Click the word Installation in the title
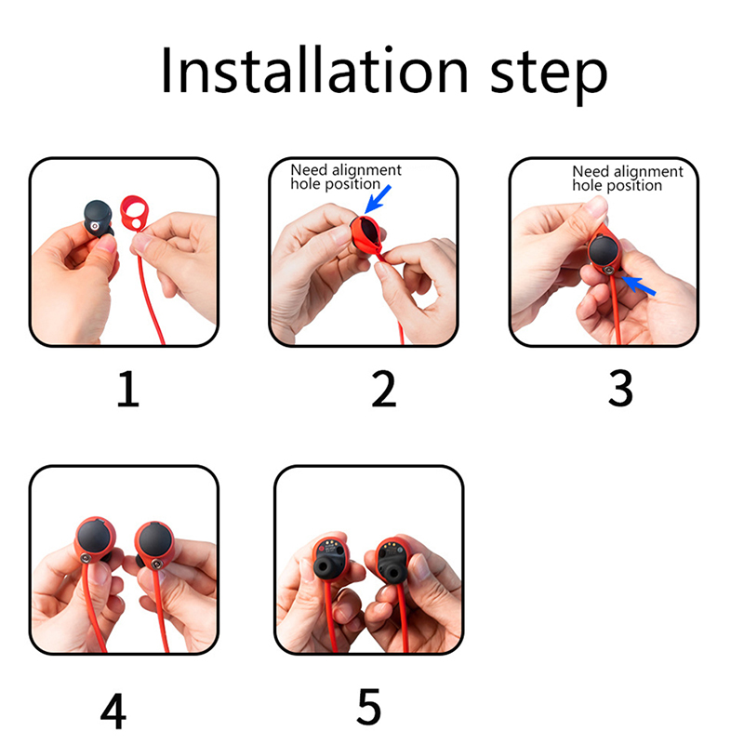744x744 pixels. pos(314,71)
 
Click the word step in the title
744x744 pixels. pos(548,76)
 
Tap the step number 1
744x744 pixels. pos(128,389)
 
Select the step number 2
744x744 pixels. pos(383,389)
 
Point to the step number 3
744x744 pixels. pos(620,389)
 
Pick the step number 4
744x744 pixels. pos(113,711)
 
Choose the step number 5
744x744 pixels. pos(369,707)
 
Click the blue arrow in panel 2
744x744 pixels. pos(378,199)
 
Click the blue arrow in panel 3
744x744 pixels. pos(639,286)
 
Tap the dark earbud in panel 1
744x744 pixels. pos(99,219)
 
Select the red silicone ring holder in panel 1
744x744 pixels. pos(134,213)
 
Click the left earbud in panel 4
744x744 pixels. pos(95,540)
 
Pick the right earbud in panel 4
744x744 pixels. pos(155,545)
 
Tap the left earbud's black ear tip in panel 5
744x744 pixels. pos(325,569)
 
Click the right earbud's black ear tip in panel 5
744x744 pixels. pos(391,571)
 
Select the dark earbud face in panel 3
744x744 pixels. pos(603,250)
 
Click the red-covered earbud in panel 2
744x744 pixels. pos(365,234)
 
